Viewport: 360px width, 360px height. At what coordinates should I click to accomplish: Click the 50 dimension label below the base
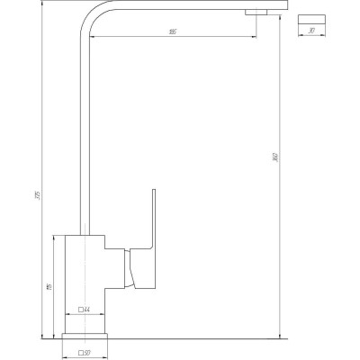click(x=89, y=352)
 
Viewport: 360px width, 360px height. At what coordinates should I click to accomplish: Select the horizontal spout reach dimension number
click(x=170, y=33)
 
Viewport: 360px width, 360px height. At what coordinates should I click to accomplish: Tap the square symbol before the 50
click(x=81, y=352)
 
